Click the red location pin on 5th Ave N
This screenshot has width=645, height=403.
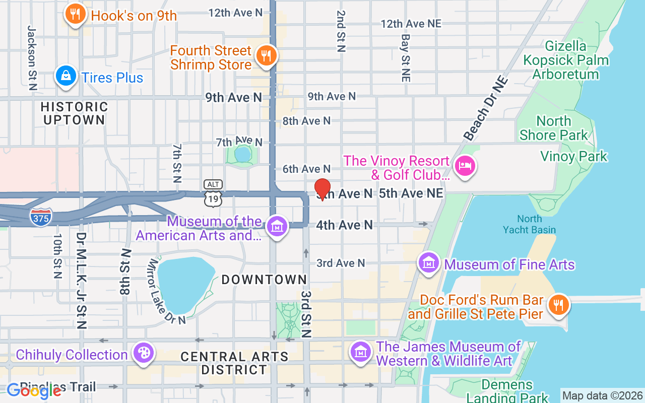tap(322, 189)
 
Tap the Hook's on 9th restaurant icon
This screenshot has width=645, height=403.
tap(75, 14)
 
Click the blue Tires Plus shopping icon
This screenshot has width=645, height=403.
tap(66, 77)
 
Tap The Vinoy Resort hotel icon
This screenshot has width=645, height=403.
tap(464, 166)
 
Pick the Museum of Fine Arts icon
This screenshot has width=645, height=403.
tap(429, 262)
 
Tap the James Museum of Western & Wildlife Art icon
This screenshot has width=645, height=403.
tap(360, 351)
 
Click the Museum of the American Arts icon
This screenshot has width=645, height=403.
tap(277, 227)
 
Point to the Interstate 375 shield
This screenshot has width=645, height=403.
tap(41, 217)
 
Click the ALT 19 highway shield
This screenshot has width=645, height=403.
tap(213, 193)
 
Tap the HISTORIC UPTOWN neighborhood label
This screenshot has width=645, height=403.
tap(74, 113)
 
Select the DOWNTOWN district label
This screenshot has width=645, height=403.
tap(264, 280)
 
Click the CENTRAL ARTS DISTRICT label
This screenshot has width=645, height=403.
tap(234, 363)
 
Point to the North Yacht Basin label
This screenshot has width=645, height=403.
tap(529, 224)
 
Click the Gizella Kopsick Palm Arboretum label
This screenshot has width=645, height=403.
tap(565, 60)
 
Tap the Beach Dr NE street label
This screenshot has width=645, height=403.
tap(485, 108)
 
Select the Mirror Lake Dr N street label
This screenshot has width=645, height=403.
tap(166, 292)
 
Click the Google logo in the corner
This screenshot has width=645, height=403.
tap(34, 390)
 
